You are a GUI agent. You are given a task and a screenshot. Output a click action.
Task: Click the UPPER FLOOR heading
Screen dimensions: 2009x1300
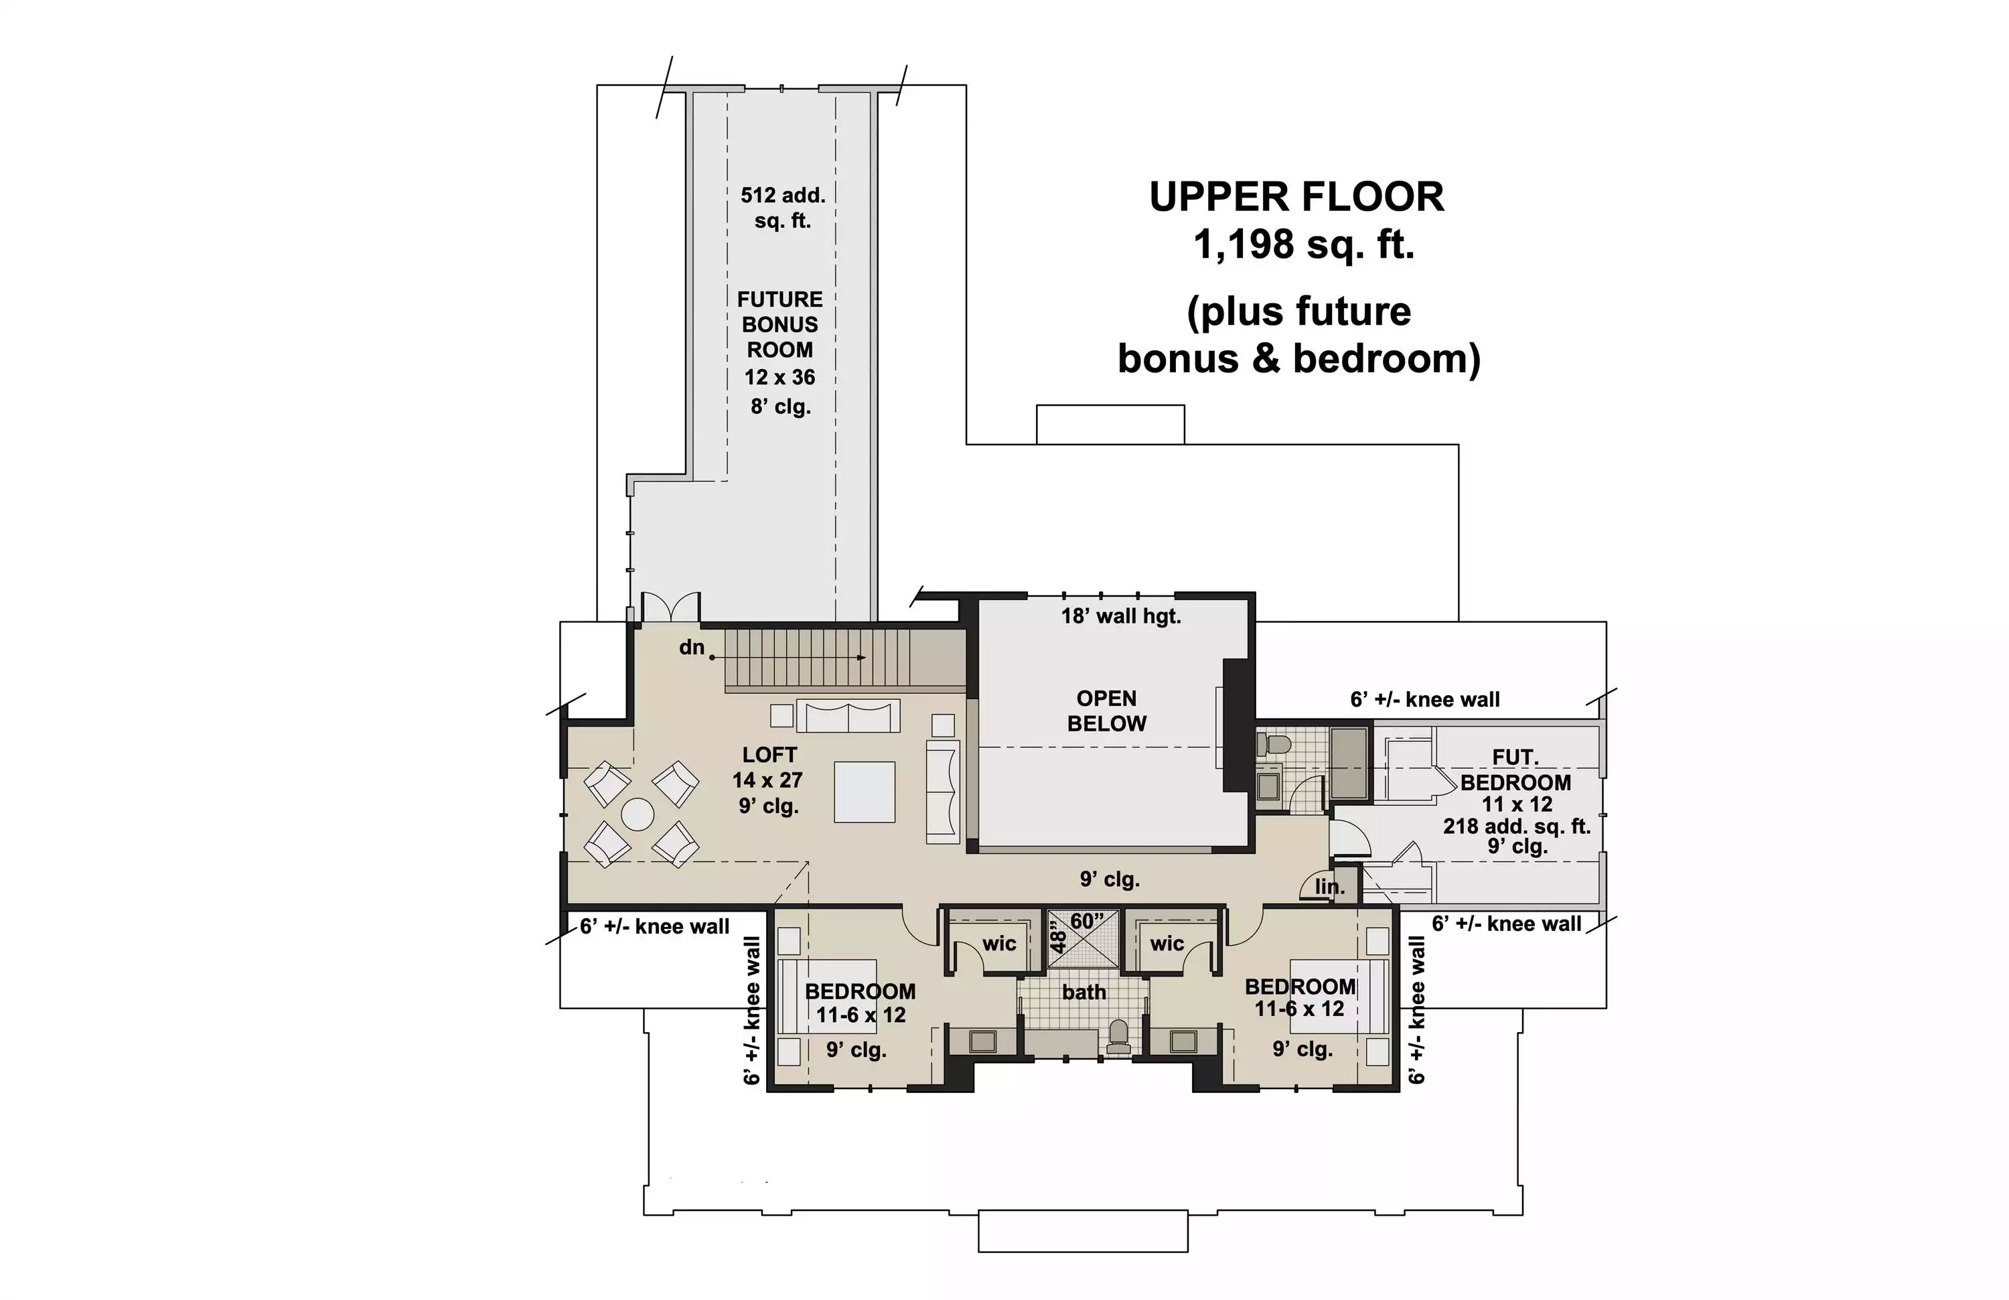[1296, 197]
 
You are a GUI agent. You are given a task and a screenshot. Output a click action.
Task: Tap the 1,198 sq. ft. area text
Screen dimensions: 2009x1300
[1303, 245]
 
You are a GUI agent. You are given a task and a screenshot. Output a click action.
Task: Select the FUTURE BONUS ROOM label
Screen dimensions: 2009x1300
[780, 324]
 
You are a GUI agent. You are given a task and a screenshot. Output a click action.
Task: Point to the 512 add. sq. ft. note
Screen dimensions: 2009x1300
[782, 208]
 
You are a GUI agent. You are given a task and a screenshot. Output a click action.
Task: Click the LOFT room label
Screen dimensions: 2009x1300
[769, 755]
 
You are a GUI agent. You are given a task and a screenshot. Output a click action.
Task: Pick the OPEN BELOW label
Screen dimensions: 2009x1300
[1107, 711]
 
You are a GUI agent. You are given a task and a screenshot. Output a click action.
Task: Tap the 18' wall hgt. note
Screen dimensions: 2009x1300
[1121, 616]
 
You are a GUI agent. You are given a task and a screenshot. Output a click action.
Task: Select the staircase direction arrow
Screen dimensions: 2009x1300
[790, 657]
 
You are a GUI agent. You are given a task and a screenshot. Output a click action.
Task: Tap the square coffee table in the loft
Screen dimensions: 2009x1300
[865, 792]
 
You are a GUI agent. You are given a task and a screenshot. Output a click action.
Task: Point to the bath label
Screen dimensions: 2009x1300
[1084, 992]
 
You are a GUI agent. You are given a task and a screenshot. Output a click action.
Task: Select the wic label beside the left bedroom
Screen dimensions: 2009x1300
[999, 944]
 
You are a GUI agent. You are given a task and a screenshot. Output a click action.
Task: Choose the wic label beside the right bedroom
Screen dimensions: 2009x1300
[1167, 944]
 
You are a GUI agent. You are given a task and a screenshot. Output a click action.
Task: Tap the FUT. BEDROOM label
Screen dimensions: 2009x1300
[1516, 770]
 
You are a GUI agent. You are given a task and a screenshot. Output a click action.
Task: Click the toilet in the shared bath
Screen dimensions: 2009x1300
[1118, 1037]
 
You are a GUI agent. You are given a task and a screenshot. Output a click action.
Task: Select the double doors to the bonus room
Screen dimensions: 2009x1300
[671, 607]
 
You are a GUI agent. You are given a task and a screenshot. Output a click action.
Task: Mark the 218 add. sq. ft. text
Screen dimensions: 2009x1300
[1516, 826]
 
